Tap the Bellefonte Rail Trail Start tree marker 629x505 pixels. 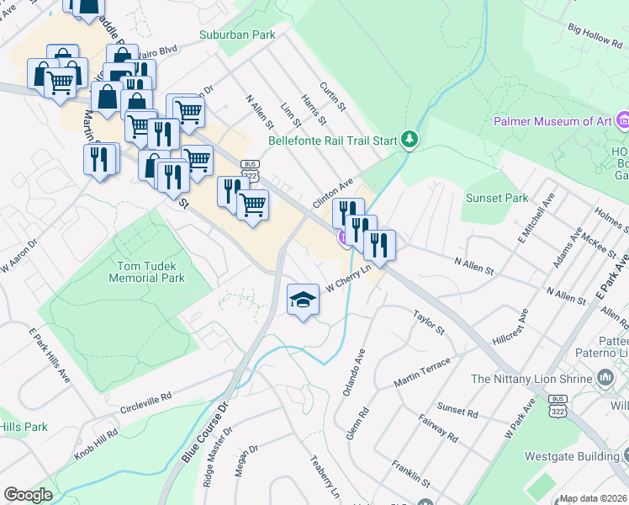pos(410,139)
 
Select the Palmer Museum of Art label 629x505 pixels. pos(553,122)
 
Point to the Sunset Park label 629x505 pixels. pos(497,198)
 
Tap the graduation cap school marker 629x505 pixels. pos(303,300)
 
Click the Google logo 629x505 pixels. pos(28,495)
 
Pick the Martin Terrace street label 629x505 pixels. pos(422,372)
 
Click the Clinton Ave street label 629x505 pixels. pos(332,194)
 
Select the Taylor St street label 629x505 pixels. pos(428,321)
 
